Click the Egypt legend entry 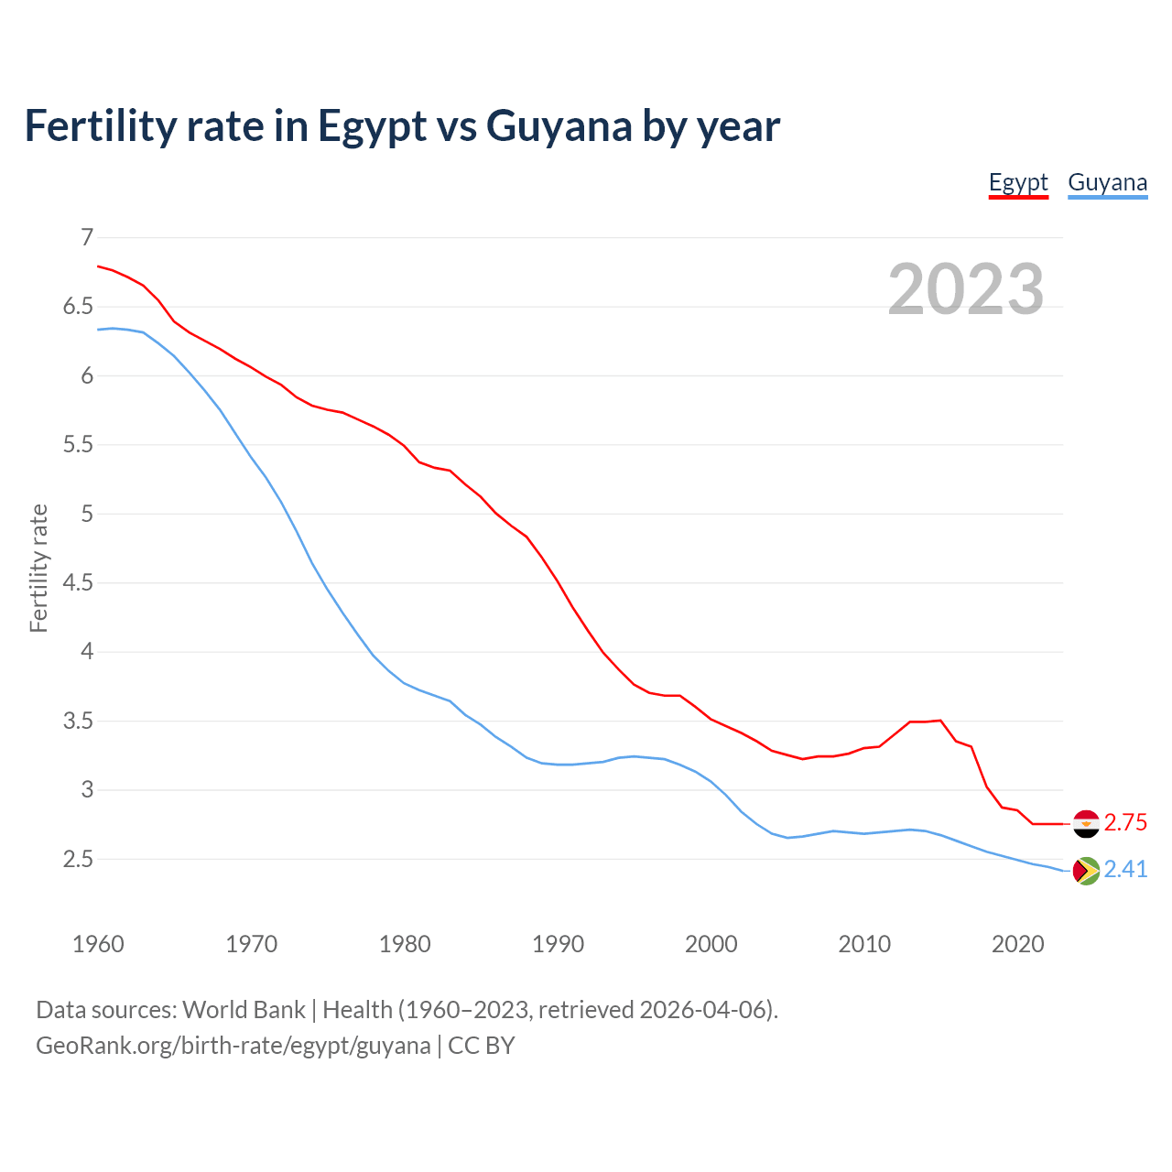coord(1018,182)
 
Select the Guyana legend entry coord(1107,182)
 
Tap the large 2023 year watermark coord(966,289)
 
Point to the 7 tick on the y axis coord(87,238)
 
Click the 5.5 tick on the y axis coord(78,445)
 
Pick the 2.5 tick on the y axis coord(78,859)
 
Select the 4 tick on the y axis coord(87,652)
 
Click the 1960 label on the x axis coord(98,944)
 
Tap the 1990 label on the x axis coord(558,944)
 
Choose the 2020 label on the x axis coord(1017,944)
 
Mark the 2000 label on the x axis coord(711,944)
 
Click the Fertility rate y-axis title coord(38,568)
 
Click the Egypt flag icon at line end coord(1085,823)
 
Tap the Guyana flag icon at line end coord(1085,870)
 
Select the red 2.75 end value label coord(1125,823)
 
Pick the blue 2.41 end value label coord(1125,870)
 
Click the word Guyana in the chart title coord(559,126)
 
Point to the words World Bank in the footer coord(244,1010)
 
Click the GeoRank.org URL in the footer coord(233,1046)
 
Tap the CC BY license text coord(482,1046)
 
